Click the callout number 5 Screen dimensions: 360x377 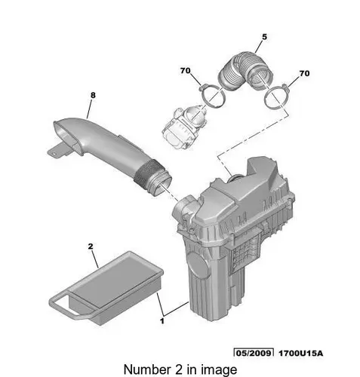(x=264, y=37)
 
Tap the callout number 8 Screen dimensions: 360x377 (x=93, y=95)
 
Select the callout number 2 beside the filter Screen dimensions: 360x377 (x=91, y=247)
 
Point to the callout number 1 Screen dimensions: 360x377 (x=162, y=321)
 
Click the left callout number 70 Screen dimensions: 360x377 (x=186, y=71)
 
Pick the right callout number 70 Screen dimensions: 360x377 (x=304, y=73)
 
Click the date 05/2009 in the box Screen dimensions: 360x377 (x=254, y=353)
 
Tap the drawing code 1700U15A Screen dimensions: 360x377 (x=300, y=353)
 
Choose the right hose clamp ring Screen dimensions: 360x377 (x=276, y=97)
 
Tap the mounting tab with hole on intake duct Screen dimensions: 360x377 (x=55, y=152)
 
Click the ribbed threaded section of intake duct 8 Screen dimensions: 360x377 (x=149, y=176)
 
